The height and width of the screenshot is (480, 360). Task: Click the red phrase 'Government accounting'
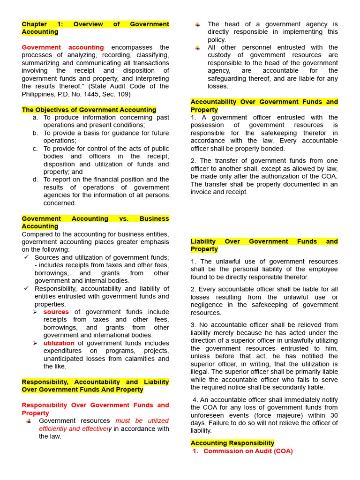(63, 47)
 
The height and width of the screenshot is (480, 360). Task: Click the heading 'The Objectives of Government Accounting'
(89, 110)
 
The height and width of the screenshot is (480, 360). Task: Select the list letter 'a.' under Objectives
(35, 117)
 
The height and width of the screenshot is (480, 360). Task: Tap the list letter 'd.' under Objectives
(35, 180)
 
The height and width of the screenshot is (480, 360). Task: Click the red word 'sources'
(56, 312)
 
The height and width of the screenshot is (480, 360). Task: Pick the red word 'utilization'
(59, 343)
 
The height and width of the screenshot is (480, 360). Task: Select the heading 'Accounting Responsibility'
(232, 443)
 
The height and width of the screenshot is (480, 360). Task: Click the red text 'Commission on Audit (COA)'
(248, 451)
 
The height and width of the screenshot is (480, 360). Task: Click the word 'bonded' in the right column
(273, 149)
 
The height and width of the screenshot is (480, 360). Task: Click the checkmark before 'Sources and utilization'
(26, 257)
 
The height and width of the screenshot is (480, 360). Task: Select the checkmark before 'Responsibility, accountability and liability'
(26, 288)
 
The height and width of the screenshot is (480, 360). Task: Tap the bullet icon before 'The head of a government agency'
(198, 24)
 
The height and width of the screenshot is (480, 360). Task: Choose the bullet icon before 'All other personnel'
(198, 48)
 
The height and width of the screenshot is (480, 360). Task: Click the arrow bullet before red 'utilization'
(35, 343)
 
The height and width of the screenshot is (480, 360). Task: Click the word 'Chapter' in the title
(34, 24)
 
